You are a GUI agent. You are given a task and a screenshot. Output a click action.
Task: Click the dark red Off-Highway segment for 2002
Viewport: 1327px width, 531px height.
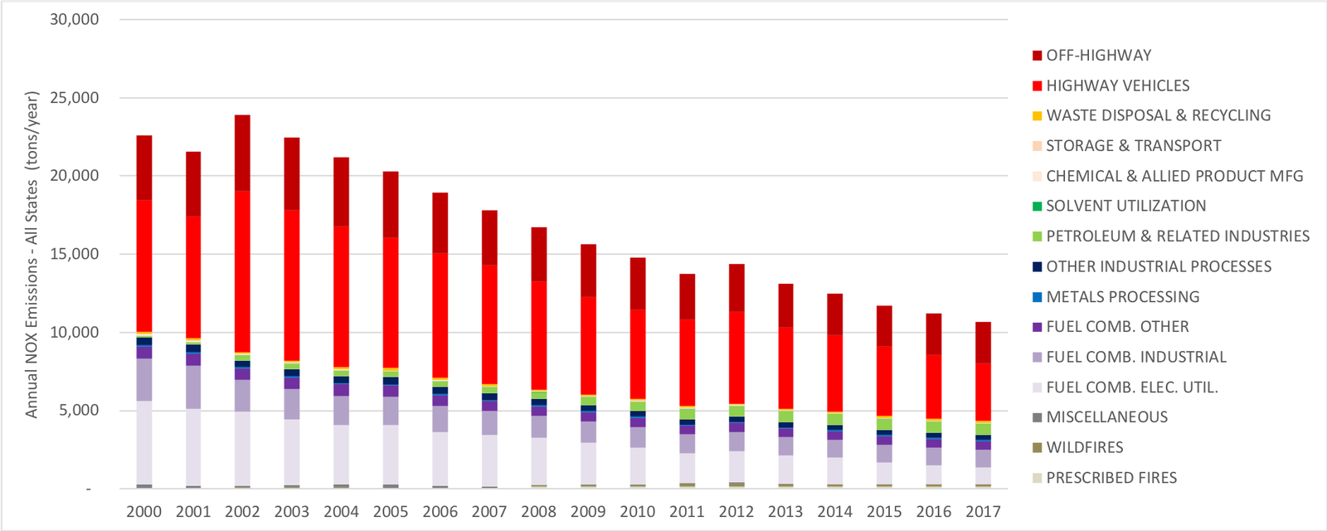pyautogui.click(x=242, y=153)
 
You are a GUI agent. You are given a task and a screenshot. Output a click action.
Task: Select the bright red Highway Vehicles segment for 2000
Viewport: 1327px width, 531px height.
pyautogui.click(x=144, y=265)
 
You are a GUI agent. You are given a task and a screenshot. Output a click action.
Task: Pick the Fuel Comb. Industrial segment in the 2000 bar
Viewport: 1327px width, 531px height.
pyautogui.click(x=144, y=380)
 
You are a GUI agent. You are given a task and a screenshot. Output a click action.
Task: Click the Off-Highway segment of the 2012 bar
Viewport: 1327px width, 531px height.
pyautogui.click(x=736, y=287)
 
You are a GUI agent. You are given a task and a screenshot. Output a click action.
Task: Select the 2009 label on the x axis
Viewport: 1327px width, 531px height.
pyautogui.click(x=588, y=512)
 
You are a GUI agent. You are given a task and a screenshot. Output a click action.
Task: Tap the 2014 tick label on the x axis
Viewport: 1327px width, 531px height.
pyautogui.click(x=834, y=512)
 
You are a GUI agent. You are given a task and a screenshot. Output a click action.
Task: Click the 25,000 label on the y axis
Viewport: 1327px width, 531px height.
pyautogui.click(x=75, y=98)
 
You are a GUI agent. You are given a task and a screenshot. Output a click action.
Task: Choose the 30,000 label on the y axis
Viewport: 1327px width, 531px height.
pyautogui.click(x=75, y=19)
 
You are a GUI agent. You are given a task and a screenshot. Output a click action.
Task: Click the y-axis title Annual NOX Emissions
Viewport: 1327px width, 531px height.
pyautogui.click(x=32, y=254)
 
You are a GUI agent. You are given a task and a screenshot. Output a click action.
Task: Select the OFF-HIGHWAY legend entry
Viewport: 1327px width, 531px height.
pyautogui.click(x=1098, y=56)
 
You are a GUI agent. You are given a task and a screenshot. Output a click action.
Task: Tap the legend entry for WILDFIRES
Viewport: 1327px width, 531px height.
pyautogui.click(x=1084, y=447)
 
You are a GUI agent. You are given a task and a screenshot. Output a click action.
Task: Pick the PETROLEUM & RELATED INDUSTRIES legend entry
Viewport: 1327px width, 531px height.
pyautogui.click(x=1177, y=236)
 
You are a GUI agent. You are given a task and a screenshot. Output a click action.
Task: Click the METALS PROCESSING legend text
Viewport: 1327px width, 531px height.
pyautogui.click(x=1122, y=297)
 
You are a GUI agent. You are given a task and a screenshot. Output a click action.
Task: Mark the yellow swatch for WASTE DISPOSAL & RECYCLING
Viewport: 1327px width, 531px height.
pyautogui.click(x=1037, y=115)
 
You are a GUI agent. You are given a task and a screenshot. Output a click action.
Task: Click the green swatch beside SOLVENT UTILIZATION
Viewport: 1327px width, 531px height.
pyautogui.click(x=1037, y=206)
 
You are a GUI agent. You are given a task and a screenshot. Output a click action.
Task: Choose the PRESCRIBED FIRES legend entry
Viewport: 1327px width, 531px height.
pyautogui.click(x=1111, y=478)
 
